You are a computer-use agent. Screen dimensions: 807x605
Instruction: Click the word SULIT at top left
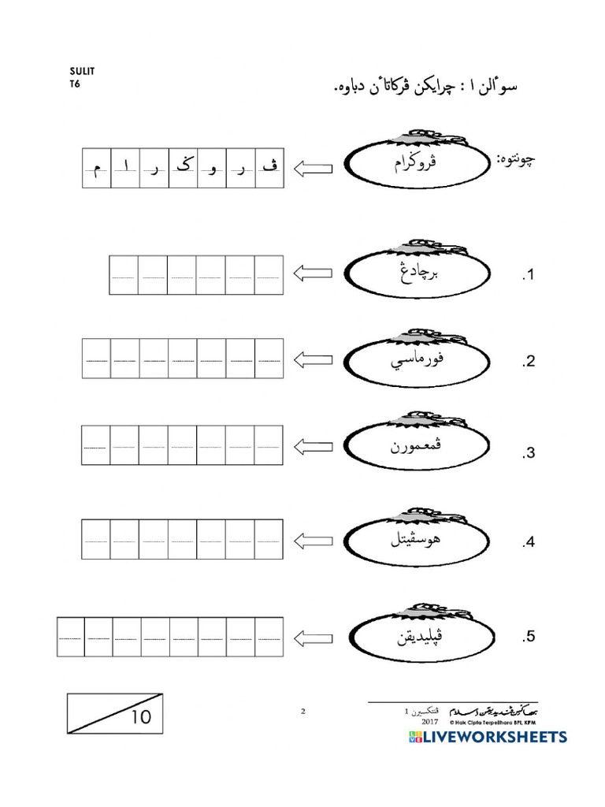pyautogui.click(x=81, y=70)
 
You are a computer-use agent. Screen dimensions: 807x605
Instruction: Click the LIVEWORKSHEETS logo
pyautogui.click(x=488, y=737)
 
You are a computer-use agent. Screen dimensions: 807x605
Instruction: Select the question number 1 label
pyautogui.click(x=528, y=276)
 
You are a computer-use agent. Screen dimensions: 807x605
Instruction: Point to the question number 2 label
pyautogui.click(x=528, y=363)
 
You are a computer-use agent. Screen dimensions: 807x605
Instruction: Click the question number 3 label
pyautogui.click(x=528, y=453)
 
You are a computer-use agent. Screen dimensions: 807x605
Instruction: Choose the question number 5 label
pyautogui.click(x=528, y=636)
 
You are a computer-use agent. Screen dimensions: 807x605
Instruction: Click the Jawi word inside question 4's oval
pyautogui.click(x=415, y=541)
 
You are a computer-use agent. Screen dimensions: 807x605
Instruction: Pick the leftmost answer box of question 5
pyautogui.click(x=71, y=638)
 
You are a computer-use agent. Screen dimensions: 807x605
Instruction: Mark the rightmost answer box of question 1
pyautogui.click(x=269, y=275)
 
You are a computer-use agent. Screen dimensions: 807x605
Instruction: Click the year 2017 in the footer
pyautogui.click(x=429, y=721)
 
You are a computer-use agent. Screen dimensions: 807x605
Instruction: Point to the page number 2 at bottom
pyautogui.click(x=302, y=712)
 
